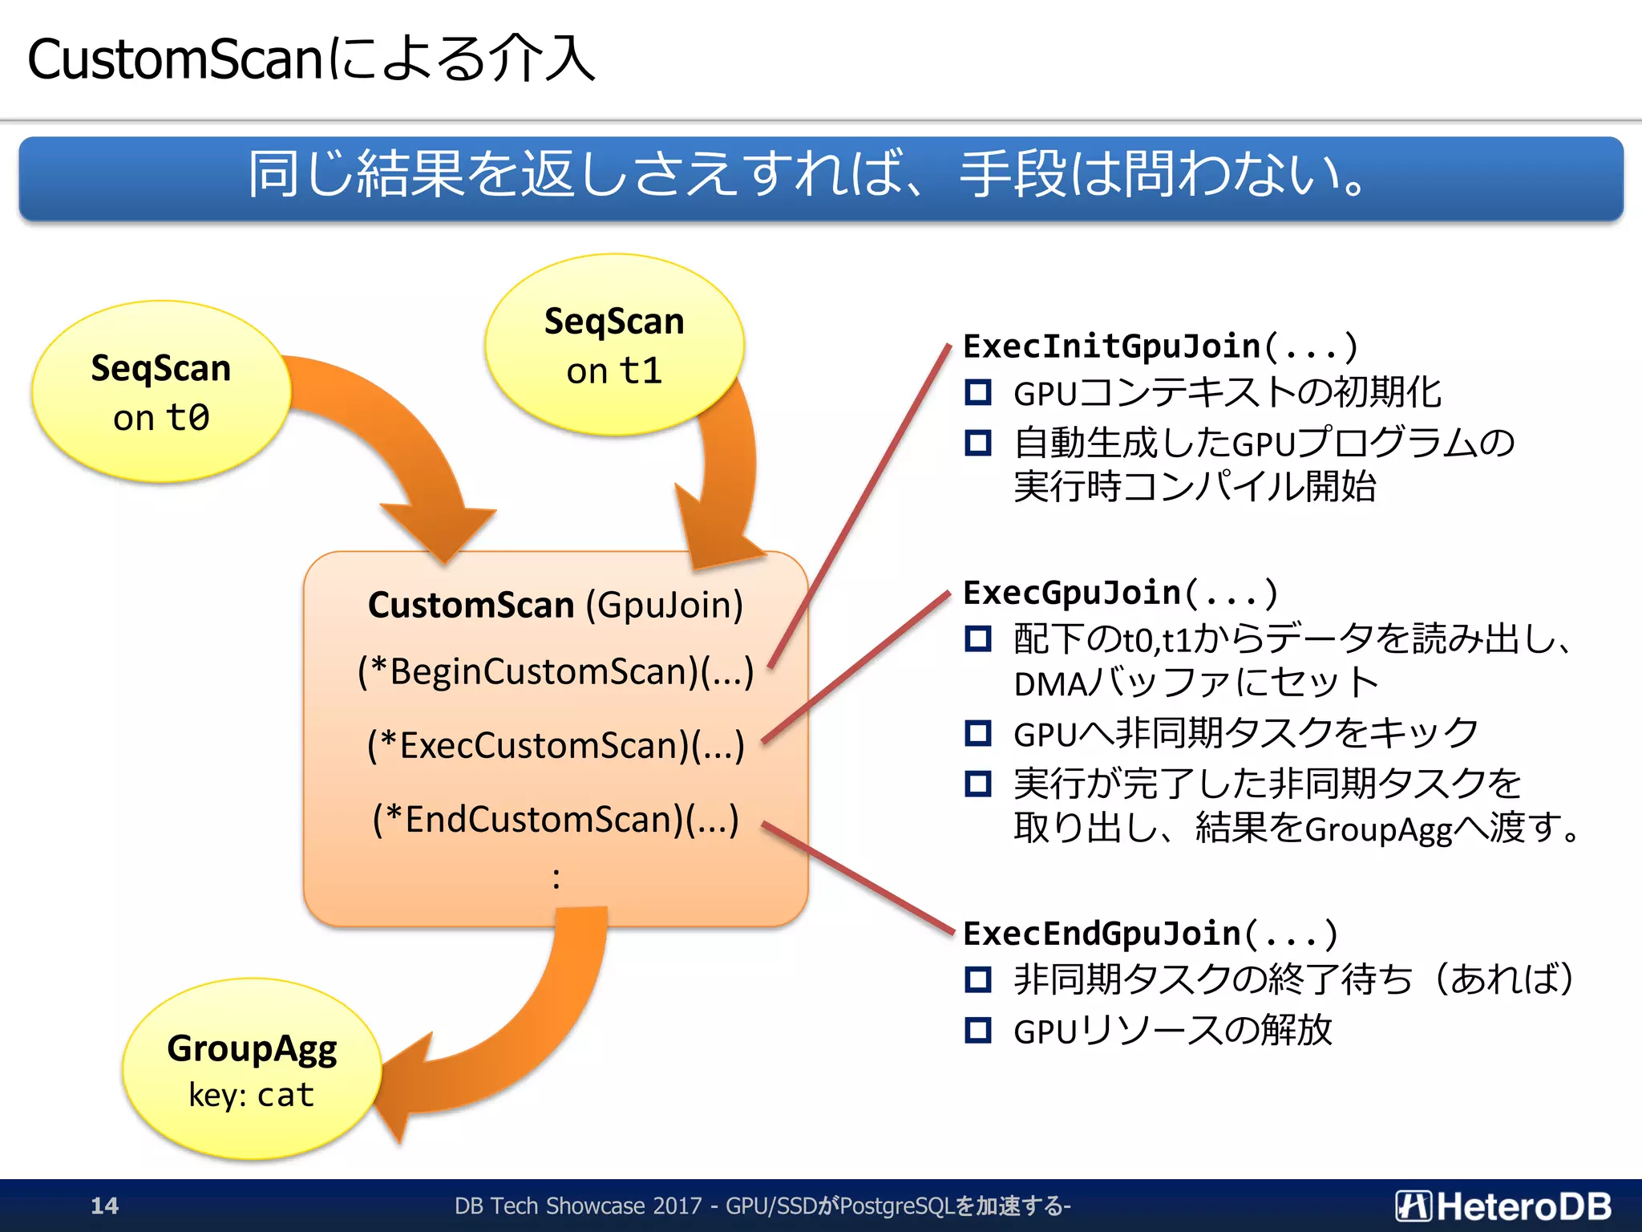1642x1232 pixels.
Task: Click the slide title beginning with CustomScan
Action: click(x=311, y=59)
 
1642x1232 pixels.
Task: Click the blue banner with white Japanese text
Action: click(x=821, y=177)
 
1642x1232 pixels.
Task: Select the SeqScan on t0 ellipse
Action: click(x=160, y=392)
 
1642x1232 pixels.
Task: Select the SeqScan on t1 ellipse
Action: click(x=614, y=345)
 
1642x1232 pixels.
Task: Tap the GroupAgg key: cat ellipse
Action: click(x=251, y=1070)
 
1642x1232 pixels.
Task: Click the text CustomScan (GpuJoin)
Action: click(x=555, y=605)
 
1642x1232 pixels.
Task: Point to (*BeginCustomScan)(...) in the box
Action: click(x=556, y=671)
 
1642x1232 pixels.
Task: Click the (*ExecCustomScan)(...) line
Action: click(x=556, y=745)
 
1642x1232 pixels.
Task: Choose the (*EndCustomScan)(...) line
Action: click(x=556, y=819)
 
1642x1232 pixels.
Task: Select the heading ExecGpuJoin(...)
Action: click(x=1119, y=593)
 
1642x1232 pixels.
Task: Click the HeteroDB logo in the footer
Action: click(x=1502, y=1206)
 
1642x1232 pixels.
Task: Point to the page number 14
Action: click(x=104, y=1206)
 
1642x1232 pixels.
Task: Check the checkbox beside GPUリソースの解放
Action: click(x=977, y=1030)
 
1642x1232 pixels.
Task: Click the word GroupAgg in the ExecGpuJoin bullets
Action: click(x=1378, y=829)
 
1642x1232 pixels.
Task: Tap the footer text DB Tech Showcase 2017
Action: click(x=577, y=1206)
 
